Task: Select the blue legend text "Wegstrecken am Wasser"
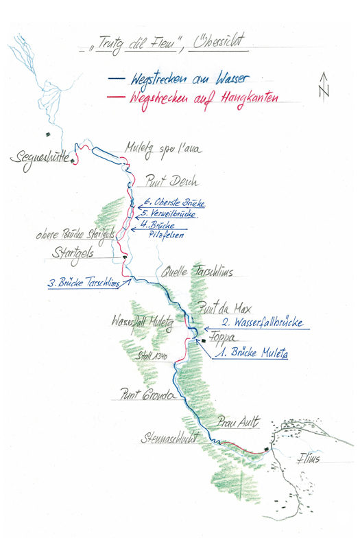coord(182,79)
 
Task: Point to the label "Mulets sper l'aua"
coord(163,147)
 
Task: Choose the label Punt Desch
coord(171,183)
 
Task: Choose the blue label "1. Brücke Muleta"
coord(251,354)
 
